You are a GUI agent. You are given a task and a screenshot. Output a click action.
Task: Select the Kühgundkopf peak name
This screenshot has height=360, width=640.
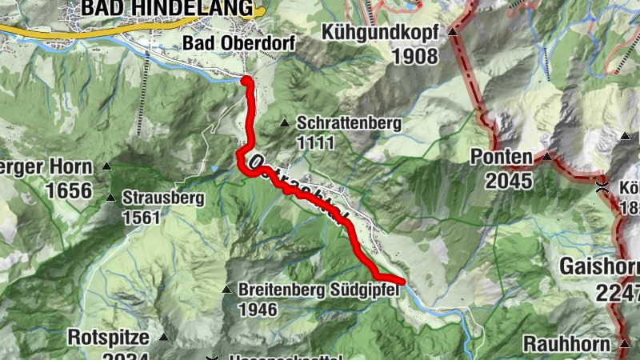click(x=380, y=32)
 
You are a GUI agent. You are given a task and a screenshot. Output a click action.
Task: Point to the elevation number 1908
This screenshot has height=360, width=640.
click(x=415, y=56)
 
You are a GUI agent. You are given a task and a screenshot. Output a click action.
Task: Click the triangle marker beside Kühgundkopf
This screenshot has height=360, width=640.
click(x=452, y=32)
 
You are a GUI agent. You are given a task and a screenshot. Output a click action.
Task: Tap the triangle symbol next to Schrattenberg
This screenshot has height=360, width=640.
click(x=284, y=123)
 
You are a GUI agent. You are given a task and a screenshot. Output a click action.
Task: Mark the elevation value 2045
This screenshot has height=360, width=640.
click(x=508, y=181)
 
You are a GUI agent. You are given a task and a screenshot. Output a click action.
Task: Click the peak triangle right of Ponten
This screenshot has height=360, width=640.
click(x=547, y=157)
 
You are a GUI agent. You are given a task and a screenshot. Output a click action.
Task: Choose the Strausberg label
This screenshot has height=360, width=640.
click(x=163, y=198)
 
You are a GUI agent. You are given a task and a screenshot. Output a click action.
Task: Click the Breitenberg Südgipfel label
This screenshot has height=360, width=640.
click(x=317, y=290)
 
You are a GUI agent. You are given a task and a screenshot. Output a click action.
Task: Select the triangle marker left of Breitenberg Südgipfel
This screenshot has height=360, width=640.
click(x=226, y=290)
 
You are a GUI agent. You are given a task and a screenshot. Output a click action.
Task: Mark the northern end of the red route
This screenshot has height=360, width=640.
click(x=246, y=81)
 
